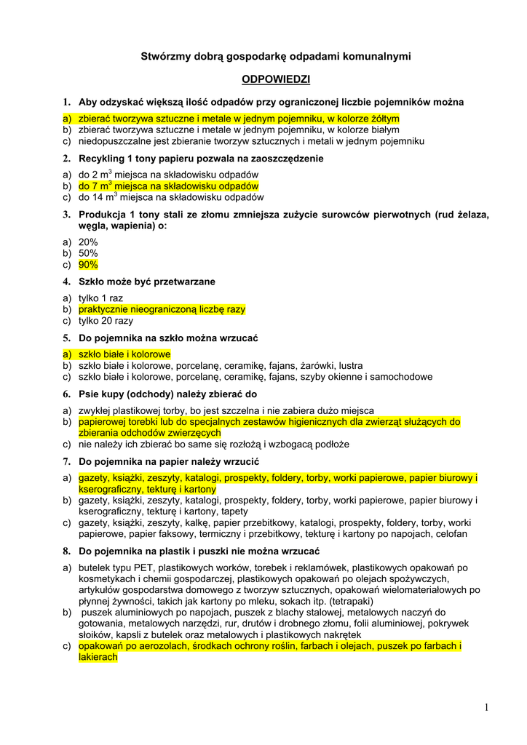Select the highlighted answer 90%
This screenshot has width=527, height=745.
(x=88, y=265)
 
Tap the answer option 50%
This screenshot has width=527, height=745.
(x=88, y=253)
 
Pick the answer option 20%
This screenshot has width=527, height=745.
(x=88, y=242)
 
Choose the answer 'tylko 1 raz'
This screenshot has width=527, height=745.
(x=100, y=298)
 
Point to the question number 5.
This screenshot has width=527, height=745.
(x=66, y=338)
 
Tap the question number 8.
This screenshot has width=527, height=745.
(x=66, y=551)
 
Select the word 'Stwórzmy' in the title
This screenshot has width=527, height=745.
(x=161, y=56)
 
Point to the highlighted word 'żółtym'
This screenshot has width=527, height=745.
(x=384, y=119)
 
